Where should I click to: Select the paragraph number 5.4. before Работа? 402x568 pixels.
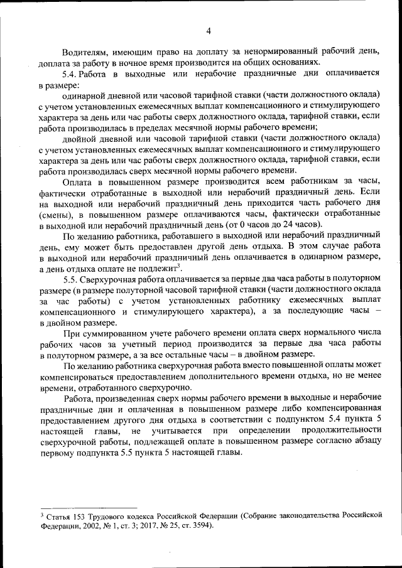tap(72, 73)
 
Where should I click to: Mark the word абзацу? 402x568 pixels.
tap(366, 441)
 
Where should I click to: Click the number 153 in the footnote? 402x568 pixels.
tap(79, 515)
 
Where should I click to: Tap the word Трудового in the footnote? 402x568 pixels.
tap(112, 515)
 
